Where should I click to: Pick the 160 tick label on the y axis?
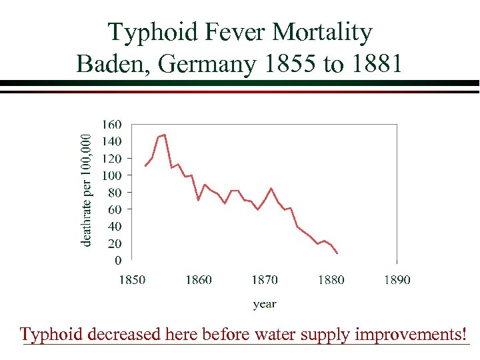[112, 125]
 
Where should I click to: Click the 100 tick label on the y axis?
[112, 175]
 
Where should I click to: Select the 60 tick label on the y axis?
[115, 209]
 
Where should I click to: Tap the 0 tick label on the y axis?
[118, 260]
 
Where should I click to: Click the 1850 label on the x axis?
[132, 280]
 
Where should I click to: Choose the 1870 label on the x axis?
[265, 280]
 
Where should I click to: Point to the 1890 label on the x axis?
[397, 280]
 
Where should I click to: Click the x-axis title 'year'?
[265, 304]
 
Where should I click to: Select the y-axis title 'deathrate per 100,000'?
[85, 189]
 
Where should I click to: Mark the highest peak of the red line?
[164, 135]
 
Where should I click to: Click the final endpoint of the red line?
[337, 253]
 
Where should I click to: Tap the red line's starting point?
[145, 165]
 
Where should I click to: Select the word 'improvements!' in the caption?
[410, 333]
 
